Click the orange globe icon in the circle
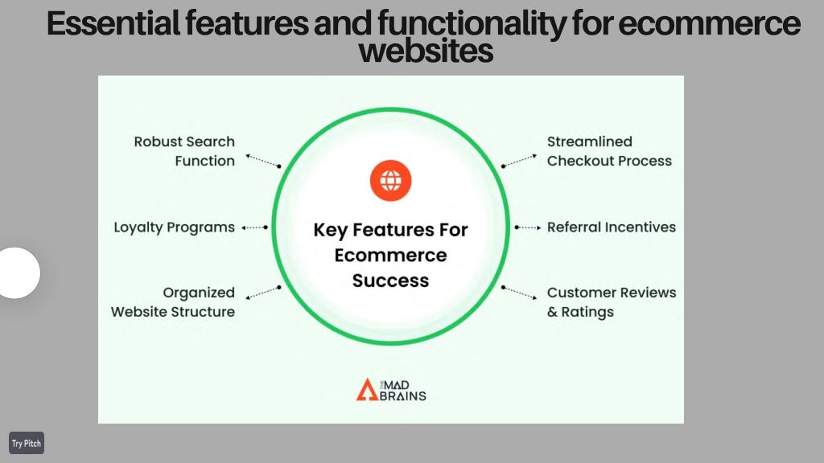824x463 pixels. pyautogui.click(x=390, y=181)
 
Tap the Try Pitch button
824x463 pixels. pyautogui.click(x=27, y=443)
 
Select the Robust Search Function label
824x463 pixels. pyautogui.click(x=184, y=151)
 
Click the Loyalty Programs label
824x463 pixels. pyautogui.click(x=175, y=227)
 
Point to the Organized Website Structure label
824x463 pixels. pyautogui.click(x=173, y=302)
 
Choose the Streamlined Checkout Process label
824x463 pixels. pyautogui.click(x=610, y=151)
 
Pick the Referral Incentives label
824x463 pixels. pyautogui.click(x=612, y=227)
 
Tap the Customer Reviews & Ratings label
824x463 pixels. pyautogui.click(x=612, y=302)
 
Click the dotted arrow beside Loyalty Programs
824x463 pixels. pyautogui.click(x=255, y=227)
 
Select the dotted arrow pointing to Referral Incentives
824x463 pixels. pyautogui.click(x=528, y=227)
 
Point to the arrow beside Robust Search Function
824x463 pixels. pyautogui.click(x=263, y=161)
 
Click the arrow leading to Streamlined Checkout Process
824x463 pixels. pyautogui.click(x=519, y=161)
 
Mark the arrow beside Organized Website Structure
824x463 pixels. pyautogui.click(x=263, y=293)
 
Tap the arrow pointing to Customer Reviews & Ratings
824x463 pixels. pyautogui.click(x=519, y=293)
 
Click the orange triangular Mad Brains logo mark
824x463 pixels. pyautogui.click(x=367, y=390)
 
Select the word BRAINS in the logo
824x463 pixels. pyautogui.click(x=402, y=395)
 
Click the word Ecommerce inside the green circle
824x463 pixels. pyautogui.click(x=390, y=255)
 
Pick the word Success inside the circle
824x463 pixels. pyautogui.click(x=390, y=281)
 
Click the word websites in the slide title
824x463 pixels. pyautogui.click(x=426, y=51)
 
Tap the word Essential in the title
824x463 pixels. pyautogui.click(x=113, y=23)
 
